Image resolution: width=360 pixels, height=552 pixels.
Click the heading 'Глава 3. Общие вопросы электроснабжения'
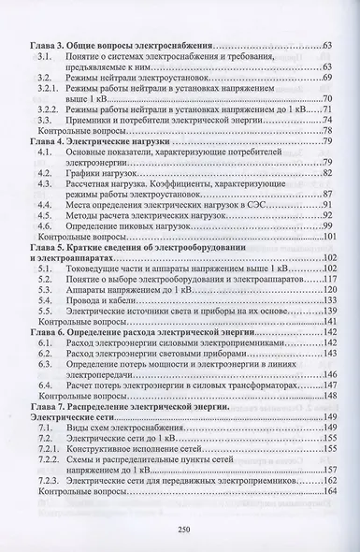coord(121,46)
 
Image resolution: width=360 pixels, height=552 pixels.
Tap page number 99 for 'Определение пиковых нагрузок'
coord(327,225)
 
